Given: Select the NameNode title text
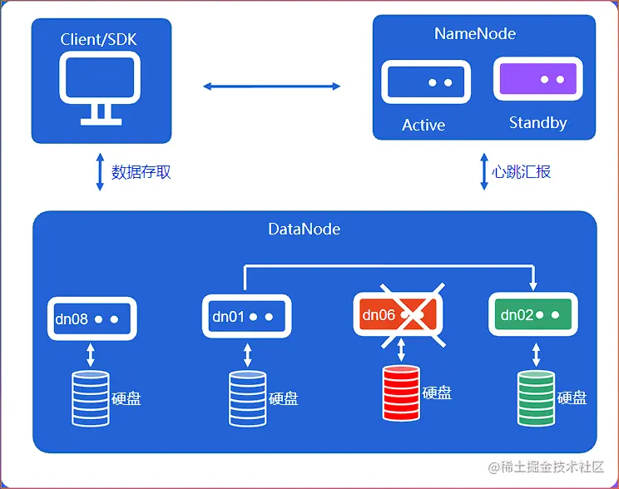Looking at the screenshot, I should (475, 34).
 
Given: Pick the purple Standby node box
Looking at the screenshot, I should (537, 80).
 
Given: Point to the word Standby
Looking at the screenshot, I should (537, 123).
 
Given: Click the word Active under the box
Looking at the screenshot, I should (423, 126).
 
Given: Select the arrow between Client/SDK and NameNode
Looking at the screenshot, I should (272, 86).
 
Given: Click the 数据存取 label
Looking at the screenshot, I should (141, 173).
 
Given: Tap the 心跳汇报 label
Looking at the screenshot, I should (522, 172).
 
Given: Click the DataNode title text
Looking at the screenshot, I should (304, 229).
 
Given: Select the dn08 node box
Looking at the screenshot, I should (91, 319).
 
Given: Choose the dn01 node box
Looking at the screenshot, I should (247, 317).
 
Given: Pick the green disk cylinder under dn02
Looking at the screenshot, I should (535, 398).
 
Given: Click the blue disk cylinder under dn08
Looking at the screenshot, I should (91, 398).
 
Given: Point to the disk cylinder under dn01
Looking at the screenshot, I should (247, 398).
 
